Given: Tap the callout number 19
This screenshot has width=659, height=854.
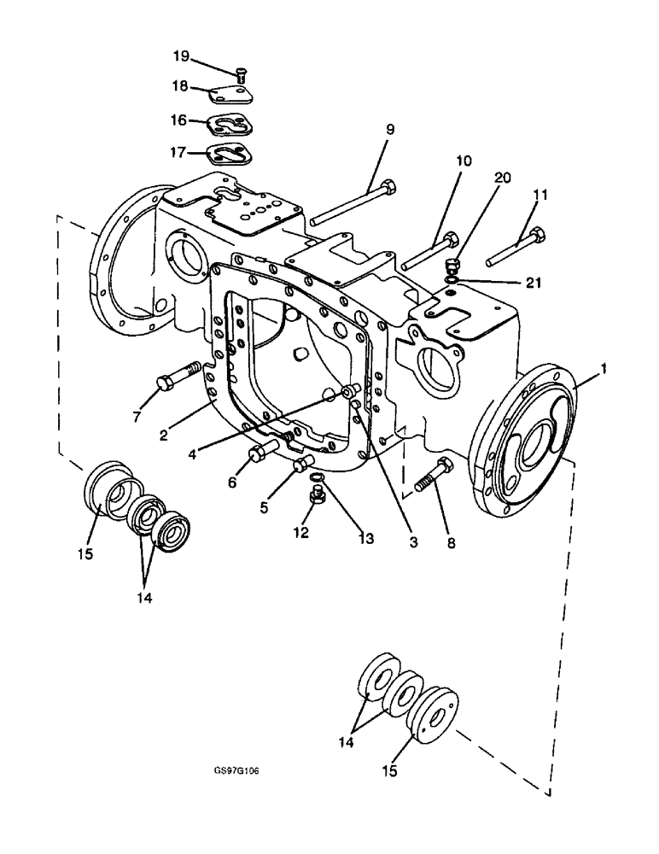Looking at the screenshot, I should tap(182, 57).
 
